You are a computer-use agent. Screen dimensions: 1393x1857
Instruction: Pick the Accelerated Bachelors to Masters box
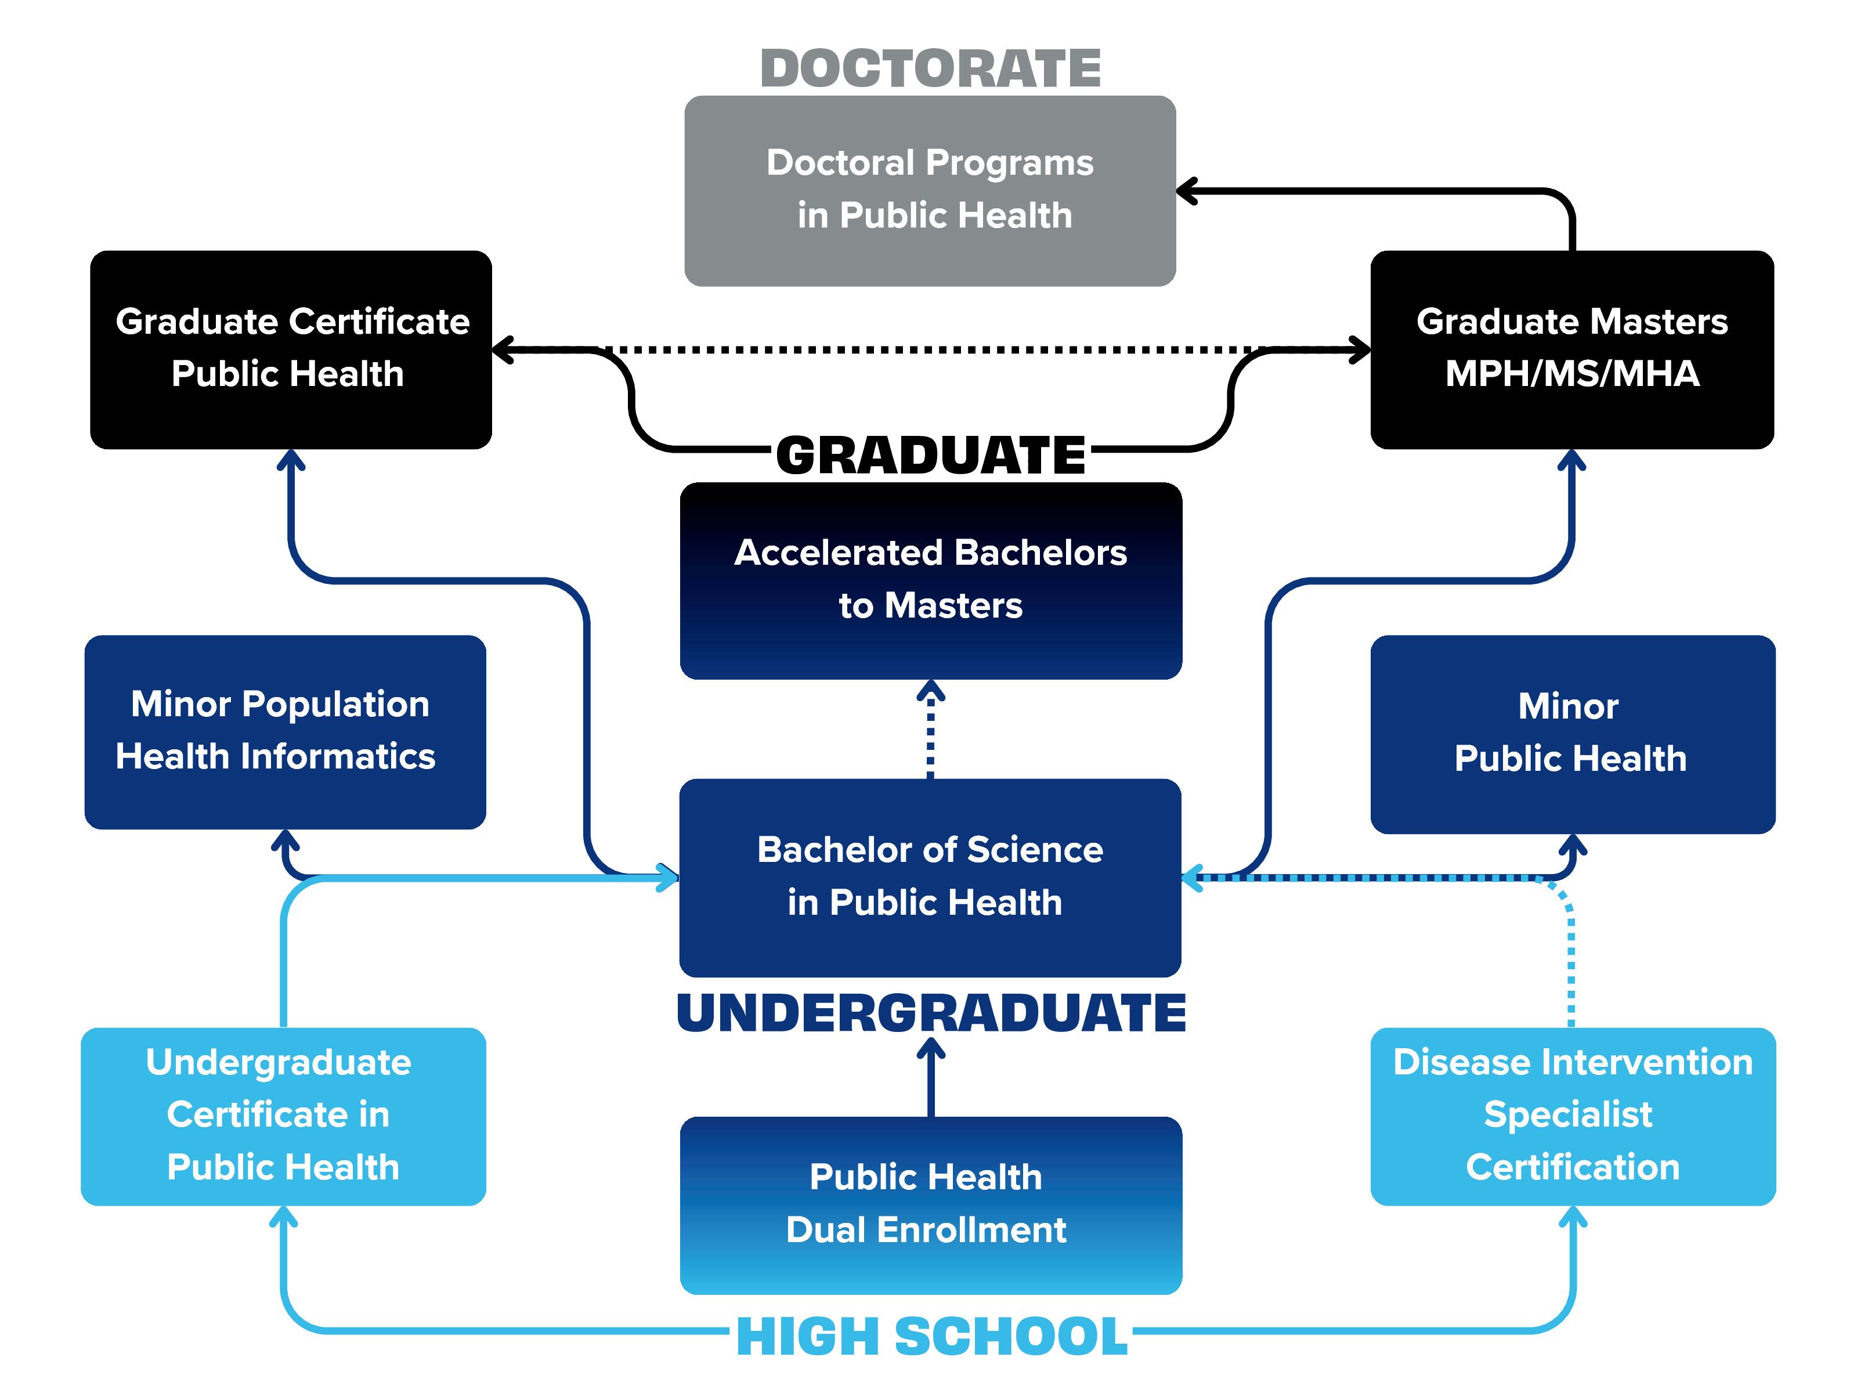click(x=930, y=580)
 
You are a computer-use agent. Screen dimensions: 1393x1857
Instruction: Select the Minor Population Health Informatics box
click(x=284, y=731)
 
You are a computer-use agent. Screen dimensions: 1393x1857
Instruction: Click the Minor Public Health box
click(x=1571, y=733)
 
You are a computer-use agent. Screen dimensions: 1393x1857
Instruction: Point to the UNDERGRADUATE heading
click(x=930, y=1013)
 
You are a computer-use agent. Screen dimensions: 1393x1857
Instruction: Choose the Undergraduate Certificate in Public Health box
click(x=283, y=1116)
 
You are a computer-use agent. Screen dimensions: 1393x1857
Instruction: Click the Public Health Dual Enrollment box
click(x=930, y=1204)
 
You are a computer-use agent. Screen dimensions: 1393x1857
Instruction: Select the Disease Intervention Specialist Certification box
click(x=1571, y=1116)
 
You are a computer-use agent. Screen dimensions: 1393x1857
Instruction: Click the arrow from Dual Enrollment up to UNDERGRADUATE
click(x=930, y=1078)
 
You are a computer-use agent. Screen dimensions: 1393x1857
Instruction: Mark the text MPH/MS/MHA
click(x=1571, y=374)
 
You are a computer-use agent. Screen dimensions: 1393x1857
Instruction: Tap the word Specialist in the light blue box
click(x=1567, y=1115)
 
